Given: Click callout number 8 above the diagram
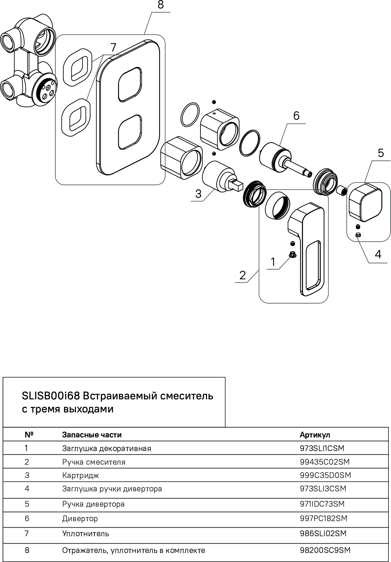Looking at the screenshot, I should point(161,5).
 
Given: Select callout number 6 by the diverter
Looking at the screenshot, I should point(296,116).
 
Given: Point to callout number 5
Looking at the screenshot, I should point(381,153).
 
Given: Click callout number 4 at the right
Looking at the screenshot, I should point(378,255).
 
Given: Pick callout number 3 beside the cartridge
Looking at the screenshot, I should point(198,194).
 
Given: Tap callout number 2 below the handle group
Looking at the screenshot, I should point(243,275).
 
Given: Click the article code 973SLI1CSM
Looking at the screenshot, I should point(322,448).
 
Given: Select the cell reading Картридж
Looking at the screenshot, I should point(80,475).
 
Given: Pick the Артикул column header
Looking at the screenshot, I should point(315,435).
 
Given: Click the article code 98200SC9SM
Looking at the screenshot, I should point(325,550).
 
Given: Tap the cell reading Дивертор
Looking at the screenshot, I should point(80,519).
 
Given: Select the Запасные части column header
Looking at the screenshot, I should point(92,435).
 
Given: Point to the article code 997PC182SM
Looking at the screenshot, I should point(323,519).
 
